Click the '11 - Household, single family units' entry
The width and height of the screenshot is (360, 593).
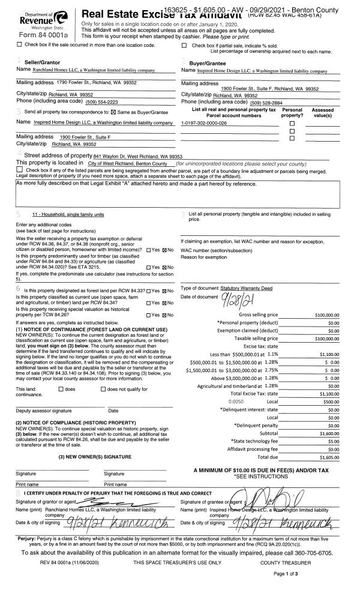click(68, 214)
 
